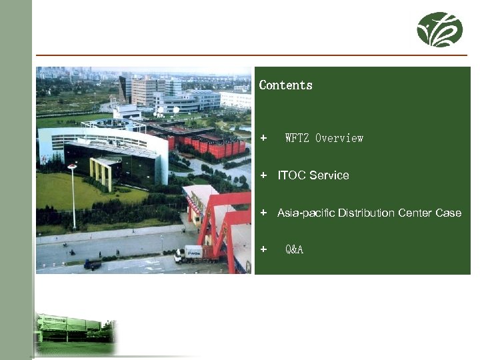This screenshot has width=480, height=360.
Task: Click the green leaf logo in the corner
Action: pyautogui.click(x=439, y=29)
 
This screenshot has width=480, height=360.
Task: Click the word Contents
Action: pyautogui.click(x=285, y=85)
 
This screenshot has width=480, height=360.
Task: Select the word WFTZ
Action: pyautogui.click(x=296, y=139)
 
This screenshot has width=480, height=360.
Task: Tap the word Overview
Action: pyautogui.click(x=339, y=139)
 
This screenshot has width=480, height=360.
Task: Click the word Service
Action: pyautogui.click(x=329, y=175)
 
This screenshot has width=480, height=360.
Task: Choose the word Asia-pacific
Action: pyautogui.click(x=306, y=213)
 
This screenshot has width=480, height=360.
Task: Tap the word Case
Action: pyautogui.click(x=449, y=213)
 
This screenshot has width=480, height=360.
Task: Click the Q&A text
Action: pyautogui.click(x=294, y=250)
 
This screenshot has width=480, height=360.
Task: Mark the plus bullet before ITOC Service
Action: pyautogui.click(x=264, y=175)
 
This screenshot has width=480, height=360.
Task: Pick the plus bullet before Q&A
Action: pyautogui.click(x=264, y=250)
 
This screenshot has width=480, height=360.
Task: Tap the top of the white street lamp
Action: pyautogui.click(x=72, y=167)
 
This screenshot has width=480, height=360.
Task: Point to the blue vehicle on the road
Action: pyautogui.click(x=93, y=264)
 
